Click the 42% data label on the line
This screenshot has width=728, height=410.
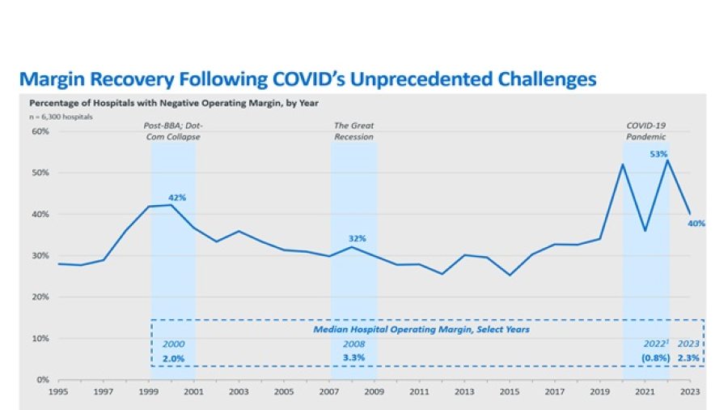[176, 197]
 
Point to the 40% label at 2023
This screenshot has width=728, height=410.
[696, 224]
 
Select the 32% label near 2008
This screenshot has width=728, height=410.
[358, 238]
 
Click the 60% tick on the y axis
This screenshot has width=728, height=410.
[40, 131]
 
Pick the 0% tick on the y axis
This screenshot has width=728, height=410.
[43, 379]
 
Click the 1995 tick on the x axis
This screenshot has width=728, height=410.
[57, 391]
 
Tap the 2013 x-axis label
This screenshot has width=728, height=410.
[463, 391]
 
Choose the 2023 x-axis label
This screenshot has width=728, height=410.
[689, 391]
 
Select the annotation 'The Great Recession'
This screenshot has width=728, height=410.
[354, 131]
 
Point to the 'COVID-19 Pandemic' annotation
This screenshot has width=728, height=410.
[646, 131]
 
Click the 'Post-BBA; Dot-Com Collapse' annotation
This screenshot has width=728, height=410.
[171, 131]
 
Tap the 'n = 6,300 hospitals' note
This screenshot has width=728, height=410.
[61, 117]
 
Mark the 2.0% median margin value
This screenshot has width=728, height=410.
[174, 357]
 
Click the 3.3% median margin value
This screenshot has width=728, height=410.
[354, 357]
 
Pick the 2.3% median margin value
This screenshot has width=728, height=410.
[688, 357]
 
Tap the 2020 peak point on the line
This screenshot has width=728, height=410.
[622, 164]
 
